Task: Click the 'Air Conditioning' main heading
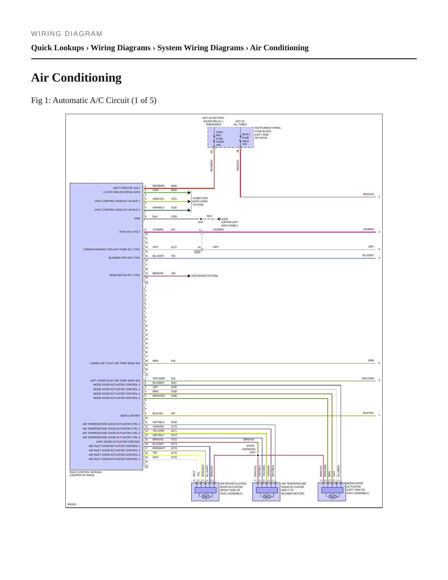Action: click(x=76, y=78)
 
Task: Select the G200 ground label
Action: click(x=225, y=219)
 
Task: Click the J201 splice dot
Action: click(x=201, y=219)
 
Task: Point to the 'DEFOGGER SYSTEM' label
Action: click(x=205, y=276)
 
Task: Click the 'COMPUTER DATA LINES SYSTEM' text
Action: click(x=200, y=202)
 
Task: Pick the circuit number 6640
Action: click(x=174, y=186)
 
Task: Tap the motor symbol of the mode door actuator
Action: click(x=332, y=497)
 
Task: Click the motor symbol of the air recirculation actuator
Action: click(x=205, y=497)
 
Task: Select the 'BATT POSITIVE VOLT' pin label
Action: click(x=126, y=188)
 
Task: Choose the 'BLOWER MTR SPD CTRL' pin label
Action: click(x=124, y=258)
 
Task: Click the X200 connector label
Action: click(x=197, y=252)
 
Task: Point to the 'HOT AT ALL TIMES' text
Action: click(x=240, y=123)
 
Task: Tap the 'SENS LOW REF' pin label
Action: click(x=130, y=416)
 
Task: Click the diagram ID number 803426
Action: click(x=72, y=504)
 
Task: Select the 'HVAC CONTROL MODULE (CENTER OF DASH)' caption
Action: click(x=86, y=474)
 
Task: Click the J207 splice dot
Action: click(x=258, y=455)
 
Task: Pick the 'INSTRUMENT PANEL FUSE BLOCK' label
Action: click(x=268, y=130)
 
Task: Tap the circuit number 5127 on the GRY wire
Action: click(x=174, y=247)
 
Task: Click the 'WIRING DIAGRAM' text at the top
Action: click(x=67, y=34)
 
